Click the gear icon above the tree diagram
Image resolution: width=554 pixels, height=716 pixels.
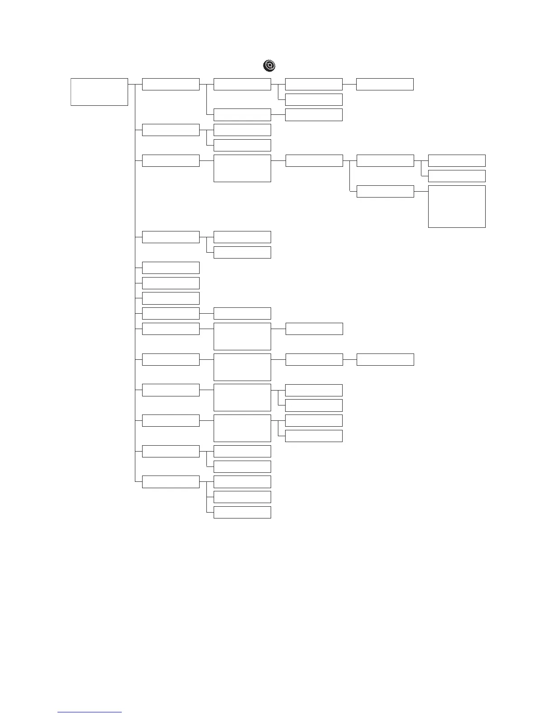point(269,66)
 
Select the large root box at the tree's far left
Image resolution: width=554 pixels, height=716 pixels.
point(99,92)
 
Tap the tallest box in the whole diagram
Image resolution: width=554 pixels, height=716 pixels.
point(457,206)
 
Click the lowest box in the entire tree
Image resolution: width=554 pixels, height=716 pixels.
point(242,512)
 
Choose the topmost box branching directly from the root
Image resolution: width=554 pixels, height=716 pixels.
point(171,84)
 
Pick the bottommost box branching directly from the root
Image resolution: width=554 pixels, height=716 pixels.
point(171,481)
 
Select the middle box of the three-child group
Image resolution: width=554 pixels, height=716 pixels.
point(242,497)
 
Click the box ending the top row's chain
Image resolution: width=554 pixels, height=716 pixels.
point(385,84)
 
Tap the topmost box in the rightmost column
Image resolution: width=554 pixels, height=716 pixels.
point(457,160)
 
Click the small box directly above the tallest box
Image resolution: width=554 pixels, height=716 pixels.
point(457,176)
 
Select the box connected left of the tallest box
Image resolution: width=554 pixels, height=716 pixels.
point(385,191)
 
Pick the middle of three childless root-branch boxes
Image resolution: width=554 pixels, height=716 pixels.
point(171,283)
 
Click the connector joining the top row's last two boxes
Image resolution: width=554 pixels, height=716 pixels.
point(349,84)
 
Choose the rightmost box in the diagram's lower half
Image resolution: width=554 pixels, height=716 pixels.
point(385,359)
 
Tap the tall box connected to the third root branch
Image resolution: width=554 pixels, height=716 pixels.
point(242,168)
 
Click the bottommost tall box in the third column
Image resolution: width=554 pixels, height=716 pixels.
point(242,428)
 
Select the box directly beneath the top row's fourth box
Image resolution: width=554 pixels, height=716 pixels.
point(314,99)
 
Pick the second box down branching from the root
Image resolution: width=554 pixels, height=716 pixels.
point(171,130)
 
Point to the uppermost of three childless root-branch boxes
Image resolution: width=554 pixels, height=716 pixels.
point(171,268)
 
